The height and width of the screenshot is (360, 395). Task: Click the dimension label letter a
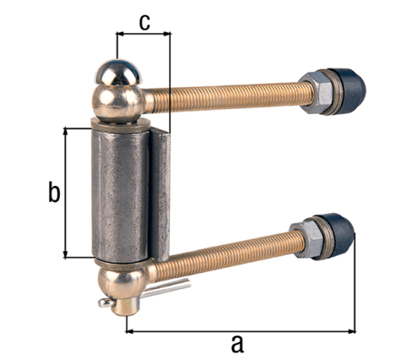coord(238,344)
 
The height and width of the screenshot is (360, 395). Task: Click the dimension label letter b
coord(54,191)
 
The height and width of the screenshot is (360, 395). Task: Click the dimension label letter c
coord(145,22)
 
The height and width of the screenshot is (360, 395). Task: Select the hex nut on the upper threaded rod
coord(316,92)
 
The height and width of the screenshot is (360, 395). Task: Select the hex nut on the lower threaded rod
coord(307,239)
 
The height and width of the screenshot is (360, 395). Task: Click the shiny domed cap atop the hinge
coord(118,73)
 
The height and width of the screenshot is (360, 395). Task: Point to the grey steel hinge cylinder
coord(121,194)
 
